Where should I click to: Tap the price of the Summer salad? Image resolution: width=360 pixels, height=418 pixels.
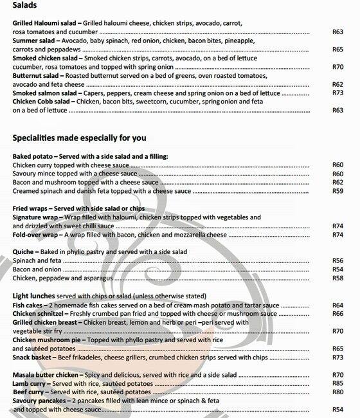(x=337, y=49)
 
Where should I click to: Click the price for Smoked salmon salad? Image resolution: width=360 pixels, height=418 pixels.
(x=337, y=93)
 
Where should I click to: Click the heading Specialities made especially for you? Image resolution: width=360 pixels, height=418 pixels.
(x=79, y=138)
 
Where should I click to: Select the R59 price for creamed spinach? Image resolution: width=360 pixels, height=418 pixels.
(x=337, y=191)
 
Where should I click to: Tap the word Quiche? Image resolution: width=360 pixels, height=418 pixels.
(x=24, y=251)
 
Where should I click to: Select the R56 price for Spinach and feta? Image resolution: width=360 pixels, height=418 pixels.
(x=337, y=260)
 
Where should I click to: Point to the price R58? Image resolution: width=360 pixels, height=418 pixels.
(x=337, y=278)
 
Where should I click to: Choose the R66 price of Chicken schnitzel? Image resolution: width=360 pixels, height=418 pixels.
(x=337, y=313)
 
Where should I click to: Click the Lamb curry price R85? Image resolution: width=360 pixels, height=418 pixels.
(x=337, y=383)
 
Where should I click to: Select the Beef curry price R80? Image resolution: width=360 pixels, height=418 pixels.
(x=337, y=392)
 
